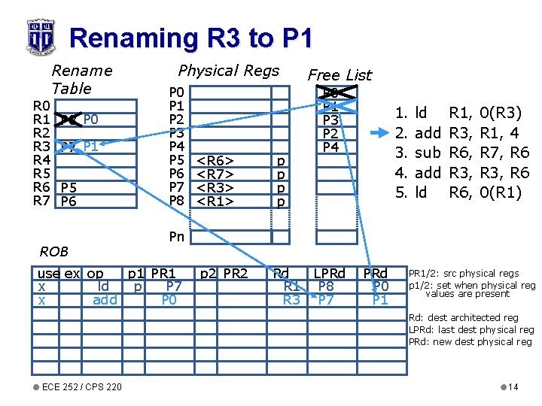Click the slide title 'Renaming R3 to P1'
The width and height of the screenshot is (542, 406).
189,38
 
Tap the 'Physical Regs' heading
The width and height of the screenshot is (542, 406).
228,71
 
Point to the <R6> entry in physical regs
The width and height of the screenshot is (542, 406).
215,160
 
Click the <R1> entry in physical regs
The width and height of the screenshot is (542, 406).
215,201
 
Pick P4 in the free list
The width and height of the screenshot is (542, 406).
330,147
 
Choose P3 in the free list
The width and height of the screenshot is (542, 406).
330,120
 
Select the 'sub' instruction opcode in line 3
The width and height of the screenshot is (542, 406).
428,153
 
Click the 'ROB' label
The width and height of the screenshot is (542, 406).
54,252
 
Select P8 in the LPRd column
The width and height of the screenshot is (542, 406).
326,286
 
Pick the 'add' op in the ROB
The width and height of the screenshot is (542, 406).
105,300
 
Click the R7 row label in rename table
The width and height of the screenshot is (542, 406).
41,201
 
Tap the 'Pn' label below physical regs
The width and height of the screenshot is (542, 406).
176,237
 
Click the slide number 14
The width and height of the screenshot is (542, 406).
513,386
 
